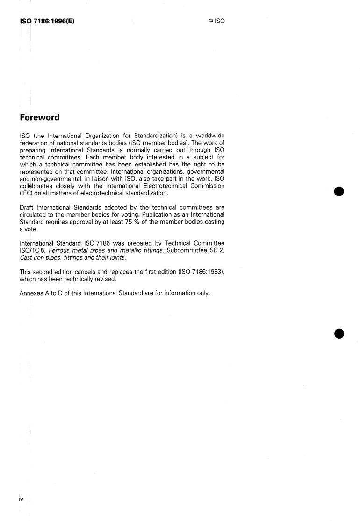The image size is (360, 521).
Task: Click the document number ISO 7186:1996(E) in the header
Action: [47, 21]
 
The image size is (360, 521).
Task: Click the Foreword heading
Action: [39, 117]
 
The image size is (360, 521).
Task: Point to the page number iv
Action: [21, 499]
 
